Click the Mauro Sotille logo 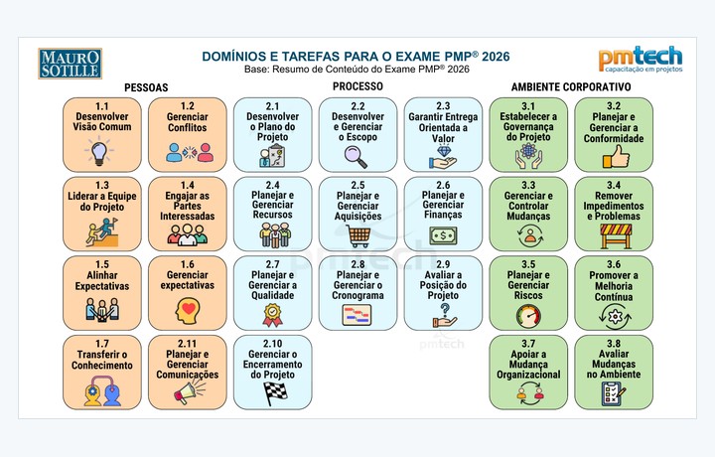(x=70, y=64)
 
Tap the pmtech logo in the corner (x=641, y=59)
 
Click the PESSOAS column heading (x=146, y=87)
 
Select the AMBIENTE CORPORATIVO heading (x=571, y=86)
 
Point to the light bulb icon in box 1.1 (x=99, y=152)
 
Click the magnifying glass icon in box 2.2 (x=356, y=156)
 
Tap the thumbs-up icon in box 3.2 (x=616, y=157)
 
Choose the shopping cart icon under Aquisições (x=358, y=235)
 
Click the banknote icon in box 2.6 (x=443, y=235)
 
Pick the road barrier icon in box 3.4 (x=616, y=235)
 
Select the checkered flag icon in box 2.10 (x=275, y=393)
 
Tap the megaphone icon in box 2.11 (x=189, y=391)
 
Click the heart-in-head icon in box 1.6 (x=188, y=312)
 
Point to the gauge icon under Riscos (x=528, y=316)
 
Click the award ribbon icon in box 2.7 (x=272, y=315)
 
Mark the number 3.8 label (x=614, y=344)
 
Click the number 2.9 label (x=443, y=264)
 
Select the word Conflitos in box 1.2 (x=187, y=128)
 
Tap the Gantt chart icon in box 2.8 (x=357, y=315)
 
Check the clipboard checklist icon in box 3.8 (x=614, y=393)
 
